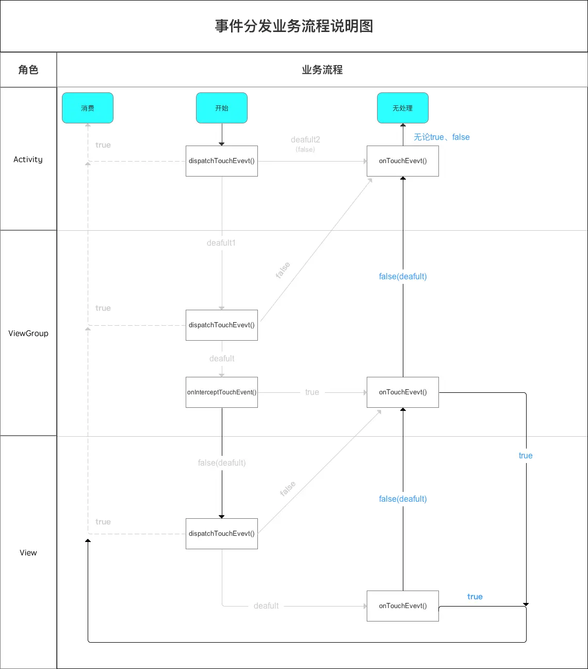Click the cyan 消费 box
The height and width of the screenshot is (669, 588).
coord(88,108)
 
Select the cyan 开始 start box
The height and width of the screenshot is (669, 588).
coord(222,108)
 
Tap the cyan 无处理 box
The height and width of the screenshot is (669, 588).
coord(403,108)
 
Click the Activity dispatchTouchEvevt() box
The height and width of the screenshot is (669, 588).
coord(222,161)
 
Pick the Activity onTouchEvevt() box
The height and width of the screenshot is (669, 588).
coord(403,161)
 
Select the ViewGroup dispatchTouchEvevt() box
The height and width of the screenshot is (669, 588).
coord(222,325)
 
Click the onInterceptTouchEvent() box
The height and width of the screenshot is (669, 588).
coord(222,392)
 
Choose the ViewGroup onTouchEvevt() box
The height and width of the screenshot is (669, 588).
coord(403,392)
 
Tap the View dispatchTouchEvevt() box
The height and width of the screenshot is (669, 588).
coord(222,534)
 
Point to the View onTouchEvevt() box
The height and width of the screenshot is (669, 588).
coord(403,606)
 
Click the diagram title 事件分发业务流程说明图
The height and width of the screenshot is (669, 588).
coord(294,26)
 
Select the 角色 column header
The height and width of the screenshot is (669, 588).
coord(28,70)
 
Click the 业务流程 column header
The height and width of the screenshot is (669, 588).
coord(322,70)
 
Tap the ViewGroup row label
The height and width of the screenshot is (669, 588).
coord(28,333)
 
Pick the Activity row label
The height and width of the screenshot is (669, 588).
coord(28,160)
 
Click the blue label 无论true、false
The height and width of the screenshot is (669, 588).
coord(442,137)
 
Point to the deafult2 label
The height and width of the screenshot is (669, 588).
coord(305,140)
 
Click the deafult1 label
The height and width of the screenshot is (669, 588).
coord(221,243)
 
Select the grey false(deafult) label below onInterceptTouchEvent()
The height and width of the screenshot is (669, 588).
coord(222,463)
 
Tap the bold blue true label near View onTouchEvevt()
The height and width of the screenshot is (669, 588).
coord(475,597)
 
